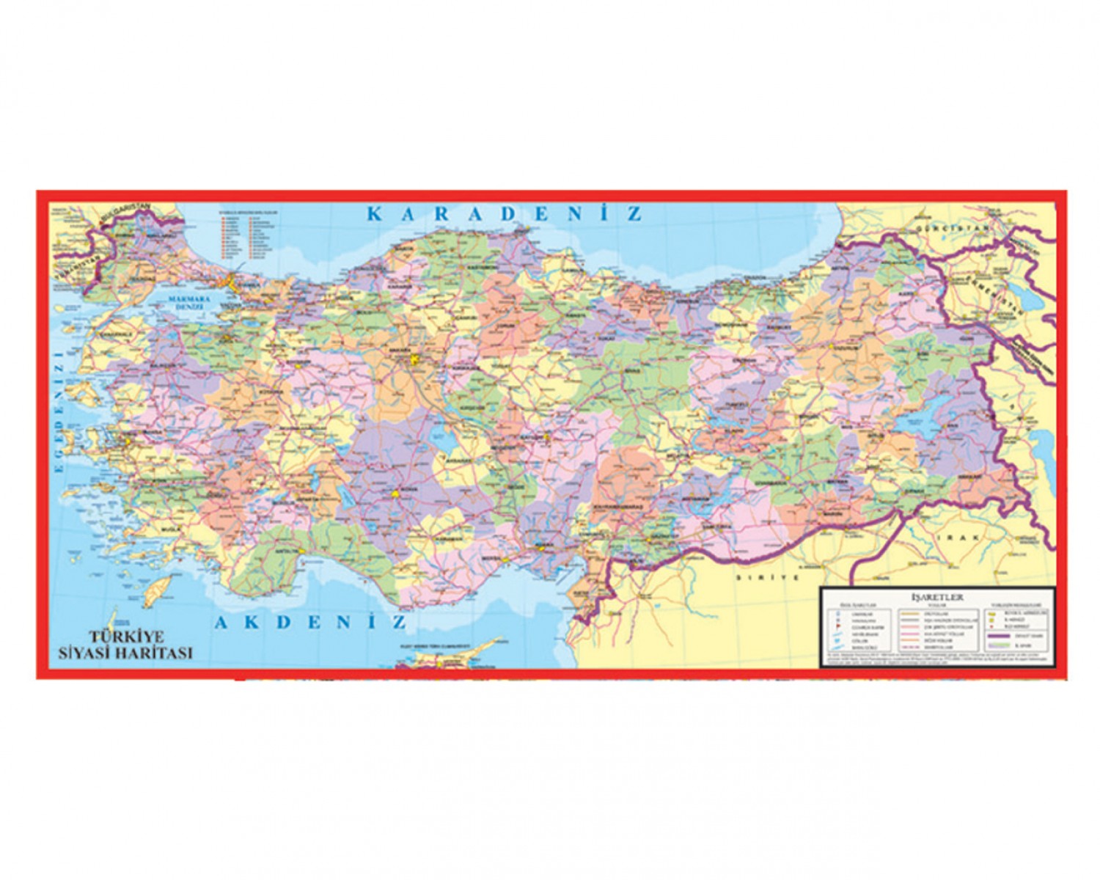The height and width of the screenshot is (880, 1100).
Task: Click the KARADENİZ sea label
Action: pyautogui.click(x=505, y=213)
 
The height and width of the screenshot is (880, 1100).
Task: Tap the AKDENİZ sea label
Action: pyautogui.click(x=310, y=623)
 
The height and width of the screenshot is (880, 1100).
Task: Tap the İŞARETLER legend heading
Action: pyautogui.click(x=936, y=597)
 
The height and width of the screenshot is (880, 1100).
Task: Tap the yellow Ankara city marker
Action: pyautogui.click(x=417, y=359)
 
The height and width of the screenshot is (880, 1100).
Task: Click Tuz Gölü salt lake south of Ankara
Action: pyautogui.click(x=444, y=444)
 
